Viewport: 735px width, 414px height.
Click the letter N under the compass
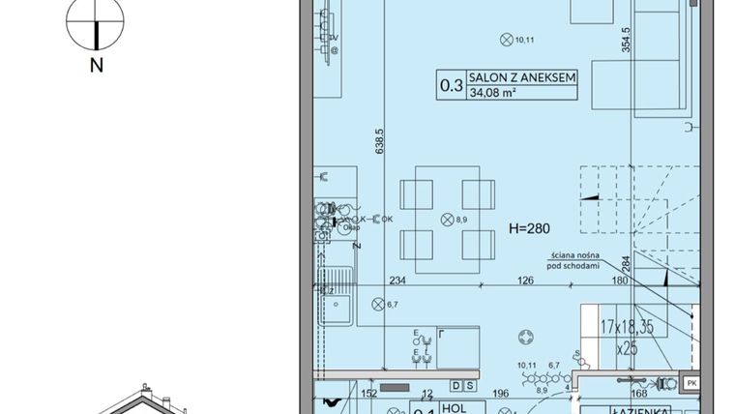tap(97, 66)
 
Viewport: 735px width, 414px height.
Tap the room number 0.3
tap(451, 85)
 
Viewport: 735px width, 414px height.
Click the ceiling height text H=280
tap(529, 229)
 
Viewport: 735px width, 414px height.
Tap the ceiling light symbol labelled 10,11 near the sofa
tap(504, 40)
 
